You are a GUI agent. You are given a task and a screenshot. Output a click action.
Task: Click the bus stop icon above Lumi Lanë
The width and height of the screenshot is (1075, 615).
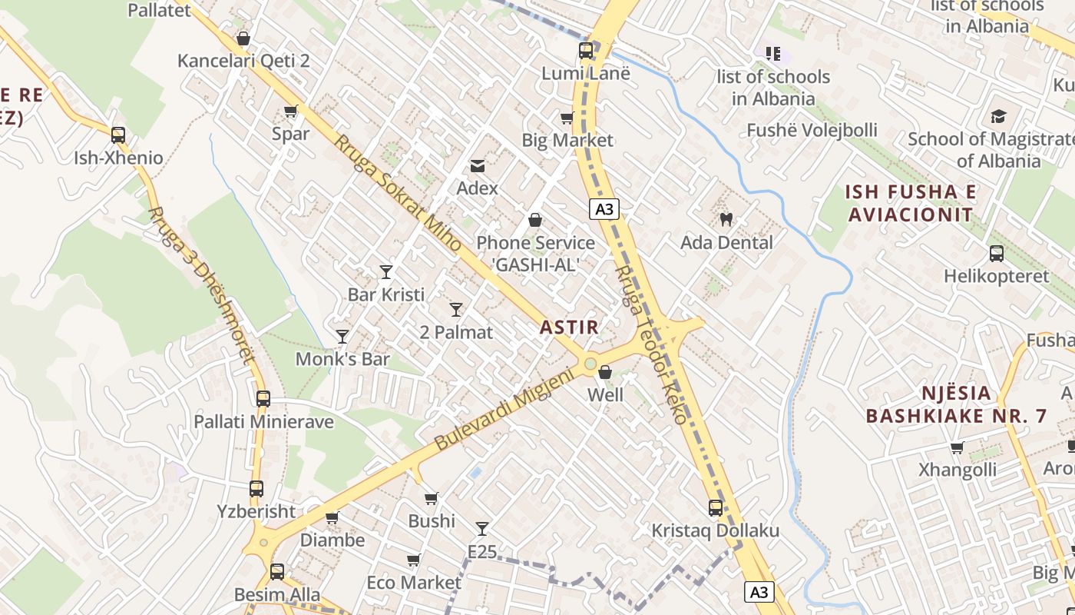point(586,51)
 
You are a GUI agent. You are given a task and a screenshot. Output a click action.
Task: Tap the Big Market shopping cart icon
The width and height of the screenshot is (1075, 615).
point(567,118)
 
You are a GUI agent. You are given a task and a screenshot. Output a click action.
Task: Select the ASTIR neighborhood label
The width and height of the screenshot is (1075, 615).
point(568,327)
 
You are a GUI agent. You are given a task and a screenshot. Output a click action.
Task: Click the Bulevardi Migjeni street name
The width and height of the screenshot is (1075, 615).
point(504,410)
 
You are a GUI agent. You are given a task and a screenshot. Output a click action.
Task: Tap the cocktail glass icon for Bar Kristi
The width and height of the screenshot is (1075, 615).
point(386,271)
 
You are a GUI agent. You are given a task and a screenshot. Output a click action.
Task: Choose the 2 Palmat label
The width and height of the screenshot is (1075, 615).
point(456,332)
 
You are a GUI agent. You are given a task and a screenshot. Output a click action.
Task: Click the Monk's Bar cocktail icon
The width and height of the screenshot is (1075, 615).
point(342,336)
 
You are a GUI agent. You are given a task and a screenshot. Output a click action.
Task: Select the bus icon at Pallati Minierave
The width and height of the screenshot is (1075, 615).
point(263,399)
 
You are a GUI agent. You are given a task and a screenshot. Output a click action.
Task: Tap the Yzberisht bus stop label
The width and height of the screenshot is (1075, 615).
point(256,511)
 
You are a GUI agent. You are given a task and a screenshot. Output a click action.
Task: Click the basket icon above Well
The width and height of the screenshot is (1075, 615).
point(605,372)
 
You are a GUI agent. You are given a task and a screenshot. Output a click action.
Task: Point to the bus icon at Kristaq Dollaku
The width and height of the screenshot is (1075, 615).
point(716,508)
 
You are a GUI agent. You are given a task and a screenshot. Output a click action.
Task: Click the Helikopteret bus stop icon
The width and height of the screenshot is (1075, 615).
point(997,253)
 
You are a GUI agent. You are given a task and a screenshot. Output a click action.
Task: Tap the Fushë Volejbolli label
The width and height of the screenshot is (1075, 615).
point(812,130)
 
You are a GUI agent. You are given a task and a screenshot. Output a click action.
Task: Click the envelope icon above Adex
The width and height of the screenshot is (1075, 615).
point(478,165)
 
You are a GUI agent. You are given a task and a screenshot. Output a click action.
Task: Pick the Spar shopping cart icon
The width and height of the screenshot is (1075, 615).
point(291,111)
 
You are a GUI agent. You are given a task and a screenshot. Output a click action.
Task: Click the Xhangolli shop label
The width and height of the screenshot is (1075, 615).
point(958,469)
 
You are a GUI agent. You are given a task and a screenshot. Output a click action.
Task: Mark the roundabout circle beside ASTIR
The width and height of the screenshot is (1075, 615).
point(590,364)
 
